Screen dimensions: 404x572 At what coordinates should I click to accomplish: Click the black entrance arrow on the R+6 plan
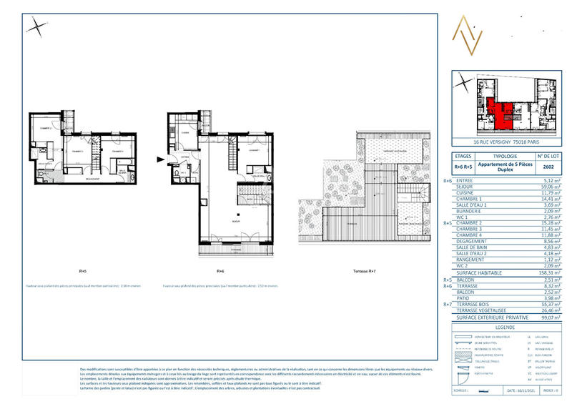pyautogui.click(x=160, y=159)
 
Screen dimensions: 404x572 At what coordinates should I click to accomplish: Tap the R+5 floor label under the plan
pyautogui.click(x=83, y=272)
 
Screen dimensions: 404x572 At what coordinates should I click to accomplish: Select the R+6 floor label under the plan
pyautogui.click(x=220, y=272)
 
